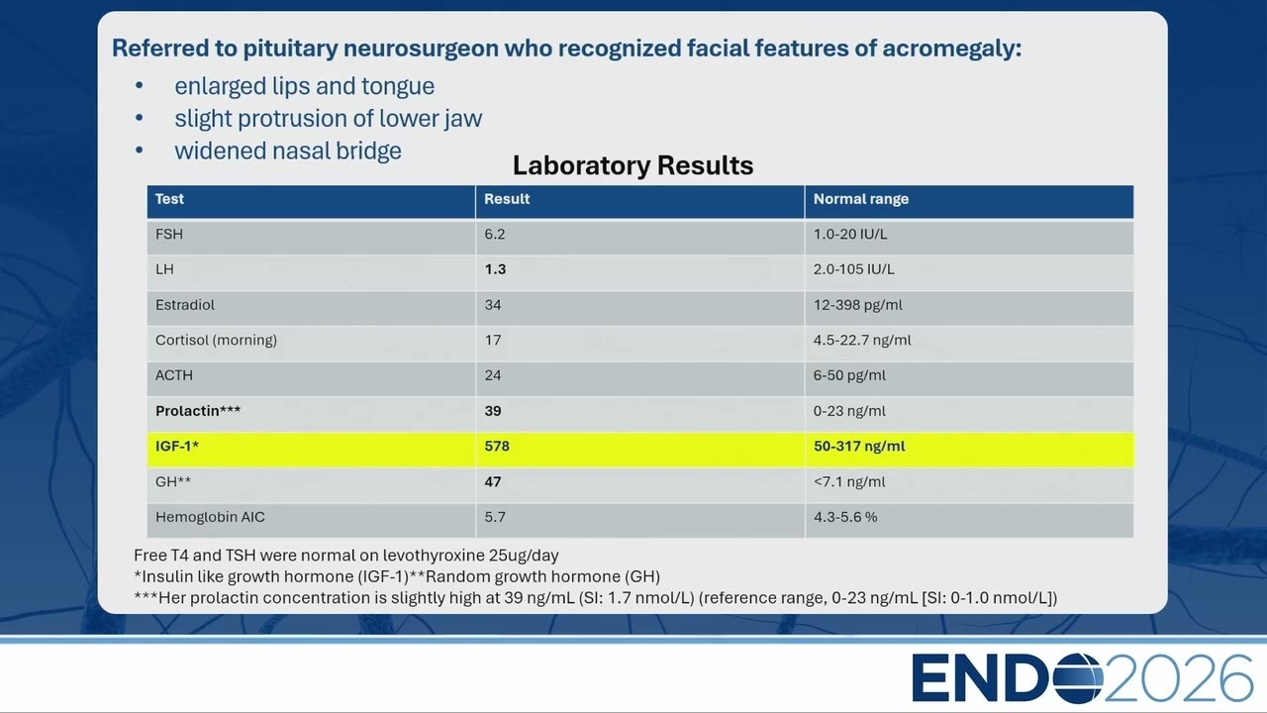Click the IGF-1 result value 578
coord(497,446)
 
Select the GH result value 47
coord(493,481)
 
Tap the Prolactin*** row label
coord(198,411)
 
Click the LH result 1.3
coord(495,269)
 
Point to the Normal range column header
coord(861,199)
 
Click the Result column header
coord(507,199)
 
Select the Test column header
coord(169,199)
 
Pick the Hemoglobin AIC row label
coord(210,517)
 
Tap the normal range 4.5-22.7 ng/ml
coord(862,340)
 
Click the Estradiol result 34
coord(493,305)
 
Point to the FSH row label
coord(169,235)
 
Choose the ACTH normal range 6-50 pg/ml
coord(849,375)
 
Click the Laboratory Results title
coord(633,165)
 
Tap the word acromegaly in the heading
coord(952,49)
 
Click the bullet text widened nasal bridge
coord(288,152)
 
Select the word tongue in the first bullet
coord(398,87)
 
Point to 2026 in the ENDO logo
coord(1179,678)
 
